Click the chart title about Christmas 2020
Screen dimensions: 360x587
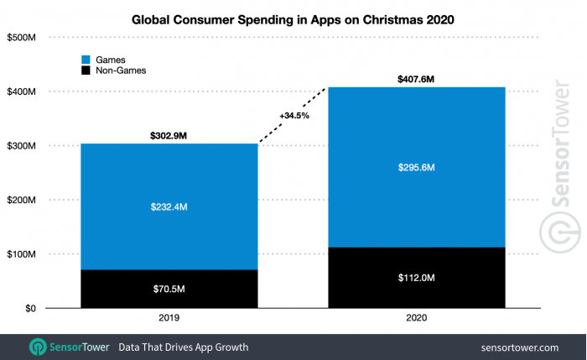(293, 20)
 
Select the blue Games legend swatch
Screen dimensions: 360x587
(86, 60)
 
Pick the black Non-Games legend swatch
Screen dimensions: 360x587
(86, 71)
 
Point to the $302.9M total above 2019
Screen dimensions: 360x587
(169, 134)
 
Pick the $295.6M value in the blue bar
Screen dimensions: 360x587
(416, 168)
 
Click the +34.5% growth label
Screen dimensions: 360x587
(295, 116)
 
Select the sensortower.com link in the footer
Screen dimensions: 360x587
(520, 347)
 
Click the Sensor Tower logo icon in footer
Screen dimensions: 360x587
(38, 347)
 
